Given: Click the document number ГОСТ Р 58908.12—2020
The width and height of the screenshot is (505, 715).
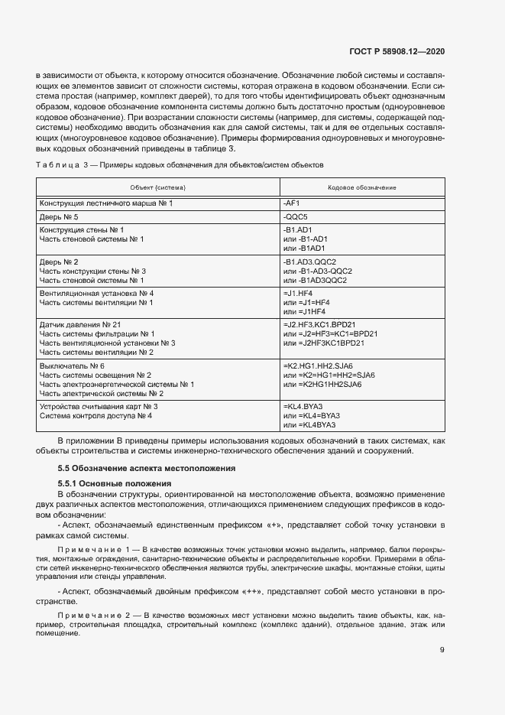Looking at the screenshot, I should pos(403,51).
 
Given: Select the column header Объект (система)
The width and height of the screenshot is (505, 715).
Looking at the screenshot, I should pos(158,187).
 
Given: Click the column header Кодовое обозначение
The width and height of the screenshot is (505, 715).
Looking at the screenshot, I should pos(361,187).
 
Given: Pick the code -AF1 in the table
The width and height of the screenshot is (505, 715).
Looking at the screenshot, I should pos(291,203).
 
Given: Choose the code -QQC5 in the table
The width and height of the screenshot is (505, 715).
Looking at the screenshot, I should pos(295,217).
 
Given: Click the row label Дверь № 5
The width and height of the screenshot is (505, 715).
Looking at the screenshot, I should pos(59,217).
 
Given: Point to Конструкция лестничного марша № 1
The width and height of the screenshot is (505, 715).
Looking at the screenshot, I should pos(106,203).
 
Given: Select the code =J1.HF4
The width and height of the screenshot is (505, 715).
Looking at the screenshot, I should pos(298,294).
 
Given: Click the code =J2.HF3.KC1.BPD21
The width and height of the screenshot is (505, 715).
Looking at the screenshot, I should pos(319,325).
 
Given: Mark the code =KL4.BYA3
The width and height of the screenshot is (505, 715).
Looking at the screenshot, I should pos(303,406).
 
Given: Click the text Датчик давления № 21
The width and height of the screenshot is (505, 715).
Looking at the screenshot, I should pos(80,325).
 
